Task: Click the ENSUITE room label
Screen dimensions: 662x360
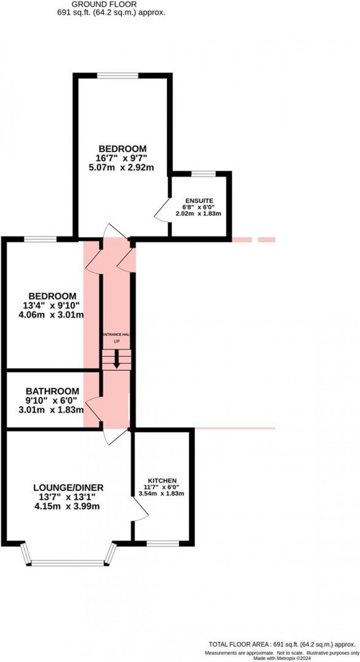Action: (199, 201)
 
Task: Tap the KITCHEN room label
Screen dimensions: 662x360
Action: (162, 481)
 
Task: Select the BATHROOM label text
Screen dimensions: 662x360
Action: (52, 391)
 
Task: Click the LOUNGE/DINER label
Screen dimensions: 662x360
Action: (68, 488)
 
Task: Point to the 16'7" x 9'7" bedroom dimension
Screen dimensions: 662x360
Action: (122, 159)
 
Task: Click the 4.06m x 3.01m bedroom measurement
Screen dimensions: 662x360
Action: (51, 315)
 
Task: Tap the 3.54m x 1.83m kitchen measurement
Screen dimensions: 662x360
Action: (161, 493)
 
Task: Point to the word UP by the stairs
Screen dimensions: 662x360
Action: (116, 341)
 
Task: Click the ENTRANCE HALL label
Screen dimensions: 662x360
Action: (116, 334)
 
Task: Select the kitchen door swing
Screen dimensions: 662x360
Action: (140, 508)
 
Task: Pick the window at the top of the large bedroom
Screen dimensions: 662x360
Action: (118, 76)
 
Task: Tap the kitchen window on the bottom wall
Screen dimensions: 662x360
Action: (163, 544)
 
